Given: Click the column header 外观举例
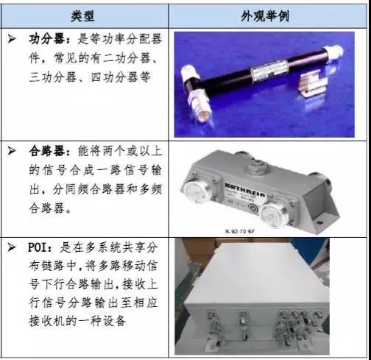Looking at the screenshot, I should pos(268,15).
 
